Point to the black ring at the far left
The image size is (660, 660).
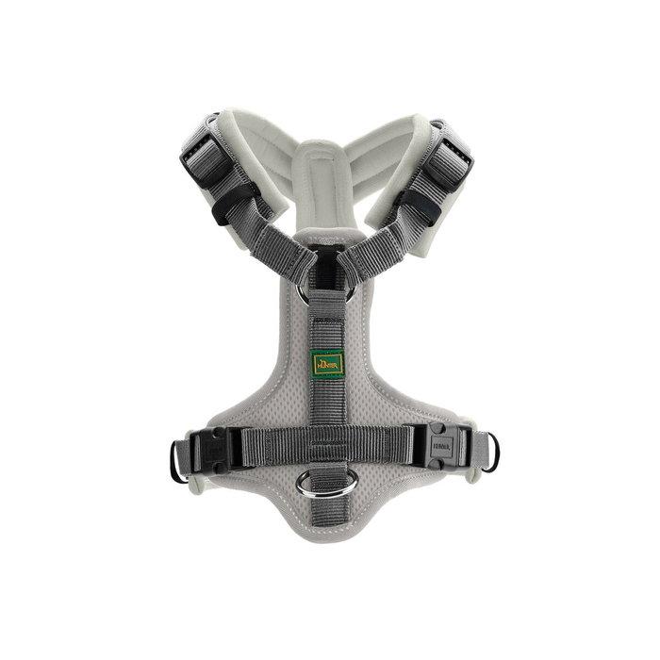pyautogui.click(x=176, y=462)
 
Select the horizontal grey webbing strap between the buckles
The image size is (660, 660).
pyautogui.click(x=330, y=441)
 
